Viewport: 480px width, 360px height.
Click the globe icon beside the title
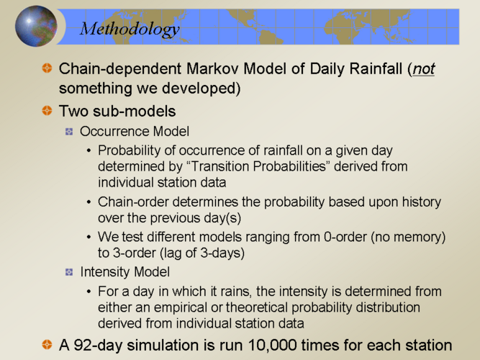(x=36, y=27)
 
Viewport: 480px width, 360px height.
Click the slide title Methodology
(x=130, y=30)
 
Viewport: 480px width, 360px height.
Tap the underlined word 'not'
(x=424, y=68)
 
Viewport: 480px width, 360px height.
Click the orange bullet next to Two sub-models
(x=47, y=110)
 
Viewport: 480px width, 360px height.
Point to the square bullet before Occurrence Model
(x=69, y=132)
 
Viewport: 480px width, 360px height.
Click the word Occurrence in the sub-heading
(x=115, y=132)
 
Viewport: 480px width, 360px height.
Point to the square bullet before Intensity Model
(x=69, y=272)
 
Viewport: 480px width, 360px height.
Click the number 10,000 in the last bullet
(x=272, y=346)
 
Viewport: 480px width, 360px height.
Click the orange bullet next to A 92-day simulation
(x=47, y=344)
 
